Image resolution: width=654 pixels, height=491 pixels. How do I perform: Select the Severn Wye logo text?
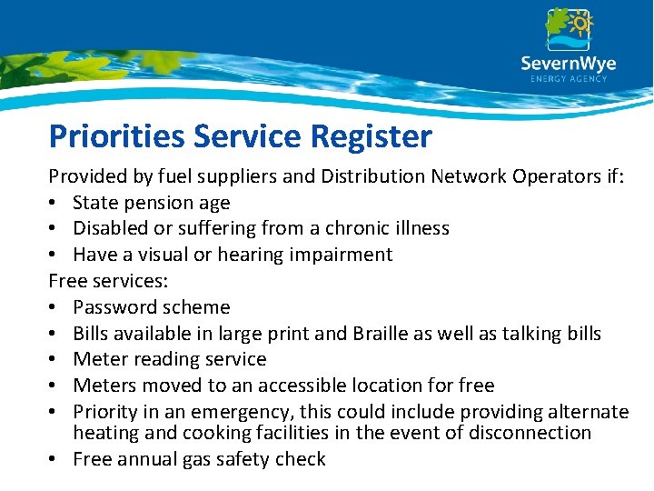568,64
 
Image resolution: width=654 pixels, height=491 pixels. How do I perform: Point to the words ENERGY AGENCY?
568,79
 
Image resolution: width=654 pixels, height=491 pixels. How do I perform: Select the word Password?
114,307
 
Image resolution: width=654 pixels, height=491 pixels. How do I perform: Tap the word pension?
163,203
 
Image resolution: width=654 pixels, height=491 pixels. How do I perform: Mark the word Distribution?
375,176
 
